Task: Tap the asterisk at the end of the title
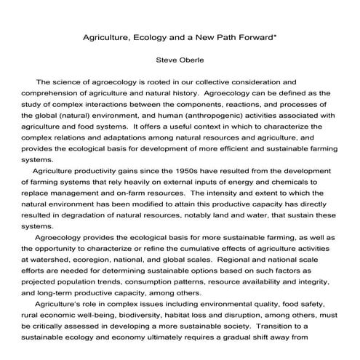coord(275,33)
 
